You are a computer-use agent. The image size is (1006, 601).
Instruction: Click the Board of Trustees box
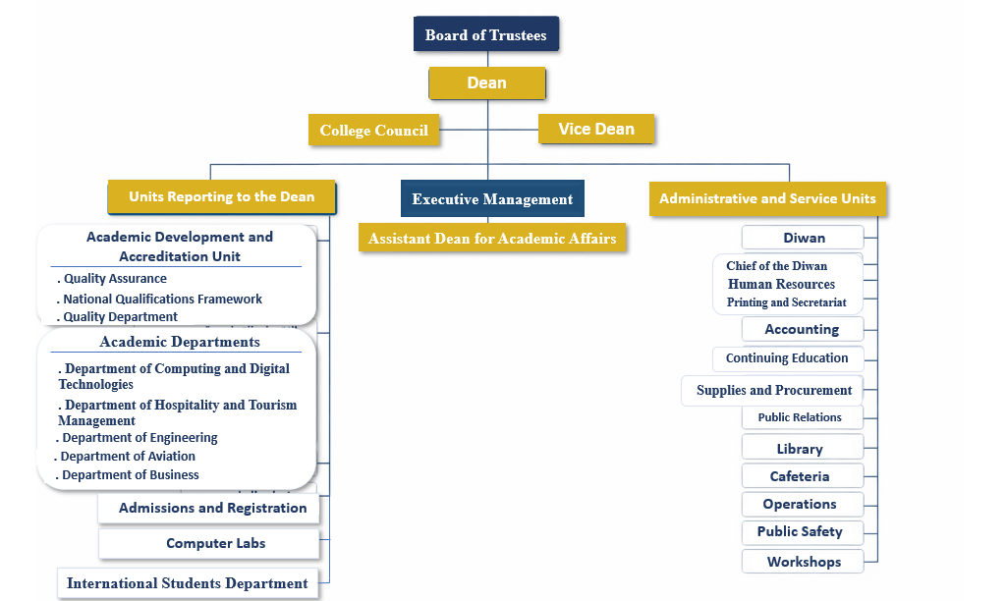[x=486, y=34]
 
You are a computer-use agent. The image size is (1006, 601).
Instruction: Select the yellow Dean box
[x=486, y=82]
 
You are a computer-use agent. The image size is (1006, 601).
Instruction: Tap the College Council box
[x=373, y=130]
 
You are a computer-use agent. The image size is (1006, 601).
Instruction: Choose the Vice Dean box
[x=596, y=129]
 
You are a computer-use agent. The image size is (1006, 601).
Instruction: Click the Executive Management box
[x=492, y=198]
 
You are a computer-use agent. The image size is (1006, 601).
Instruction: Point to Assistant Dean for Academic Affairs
[x=492, y=238]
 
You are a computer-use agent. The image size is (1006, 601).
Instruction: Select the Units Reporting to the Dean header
[x=222, y=196]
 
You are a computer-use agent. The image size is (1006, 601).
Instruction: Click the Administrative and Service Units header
[x=767, y=198]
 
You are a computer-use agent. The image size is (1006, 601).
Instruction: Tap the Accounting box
[x=802, y=329]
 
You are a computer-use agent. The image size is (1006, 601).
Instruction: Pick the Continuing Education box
[x=787, y=358]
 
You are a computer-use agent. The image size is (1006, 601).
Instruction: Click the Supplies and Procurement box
[x=773, y=390]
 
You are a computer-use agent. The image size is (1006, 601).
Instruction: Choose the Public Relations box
[x=800, y=417]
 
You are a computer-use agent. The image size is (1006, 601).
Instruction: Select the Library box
[x=800, y=449]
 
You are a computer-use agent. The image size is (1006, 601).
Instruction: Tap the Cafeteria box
[x=800, y=476]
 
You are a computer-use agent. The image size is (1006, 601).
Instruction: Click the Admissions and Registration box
[x=212, y=508]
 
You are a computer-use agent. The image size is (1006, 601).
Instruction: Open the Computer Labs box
[x=215, y=543]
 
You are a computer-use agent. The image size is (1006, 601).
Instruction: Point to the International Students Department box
[x=187, y=583]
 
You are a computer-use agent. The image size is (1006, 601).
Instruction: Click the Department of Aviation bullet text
[x=128, y=457]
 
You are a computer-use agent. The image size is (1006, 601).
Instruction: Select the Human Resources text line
[x=781, y=284]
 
